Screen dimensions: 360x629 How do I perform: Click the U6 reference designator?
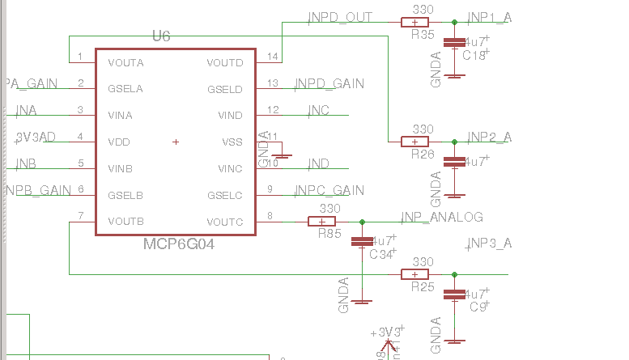click(161, 36)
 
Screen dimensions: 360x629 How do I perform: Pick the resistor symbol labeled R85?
click(322, 222)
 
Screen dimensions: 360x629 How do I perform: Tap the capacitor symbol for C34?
click(361, 241)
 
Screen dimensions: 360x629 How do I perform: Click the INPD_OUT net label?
click(340, 17)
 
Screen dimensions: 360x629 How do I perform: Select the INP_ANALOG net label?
click(442, 217)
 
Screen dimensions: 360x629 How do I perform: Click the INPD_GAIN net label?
click(329, 83)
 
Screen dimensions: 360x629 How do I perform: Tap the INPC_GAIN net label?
click(329, 190)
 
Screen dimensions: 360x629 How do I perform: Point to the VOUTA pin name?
click(125, 62)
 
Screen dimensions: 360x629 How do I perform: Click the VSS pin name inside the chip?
click(232, 142)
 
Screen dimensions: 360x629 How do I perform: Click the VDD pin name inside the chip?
click(119, 142)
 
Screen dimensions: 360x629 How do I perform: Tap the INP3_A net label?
click(489, 244)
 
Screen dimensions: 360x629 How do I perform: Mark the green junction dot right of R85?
click(362, 222)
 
